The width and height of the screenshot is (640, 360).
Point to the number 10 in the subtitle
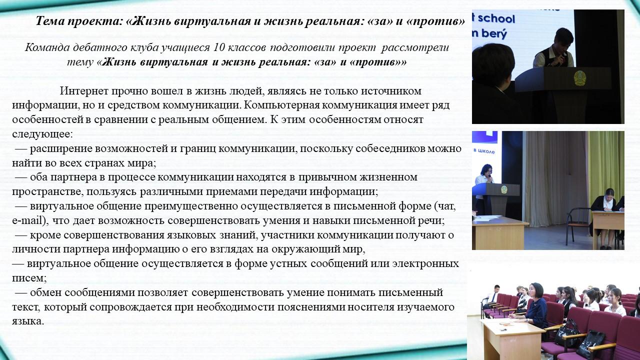point(219,47)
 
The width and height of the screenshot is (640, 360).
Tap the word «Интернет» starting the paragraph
point(84,91)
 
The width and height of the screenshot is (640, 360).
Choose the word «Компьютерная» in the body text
point(281,105)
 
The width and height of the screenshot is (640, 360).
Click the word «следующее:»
point(42,134)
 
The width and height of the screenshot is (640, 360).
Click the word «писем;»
point(29,278)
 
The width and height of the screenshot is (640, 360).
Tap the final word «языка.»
point(28,321)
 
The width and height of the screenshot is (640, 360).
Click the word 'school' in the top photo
point(496,18)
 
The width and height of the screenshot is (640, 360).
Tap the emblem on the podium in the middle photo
point(503,189)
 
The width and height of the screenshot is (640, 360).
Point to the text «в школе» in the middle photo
point(484,151)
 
